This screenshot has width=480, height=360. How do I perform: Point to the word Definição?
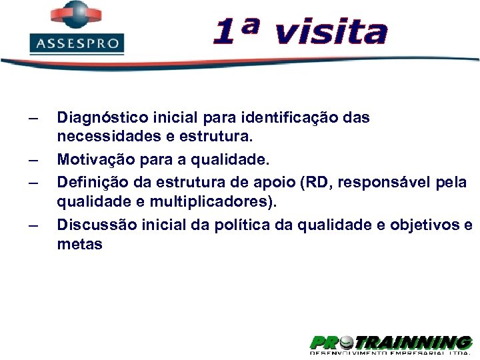click(x=89, y=181)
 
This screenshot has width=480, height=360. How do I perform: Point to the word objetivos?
click(x=427, y=225)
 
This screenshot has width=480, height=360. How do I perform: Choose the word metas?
click(x=79, y=245)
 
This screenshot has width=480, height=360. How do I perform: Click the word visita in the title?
click(x=331, y=32)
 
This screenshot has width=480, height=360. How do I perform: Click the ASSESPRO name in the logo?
click(x=77, y=45)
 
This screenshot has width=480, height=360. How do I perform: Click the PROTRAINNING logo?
click(x=391, y=344)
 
